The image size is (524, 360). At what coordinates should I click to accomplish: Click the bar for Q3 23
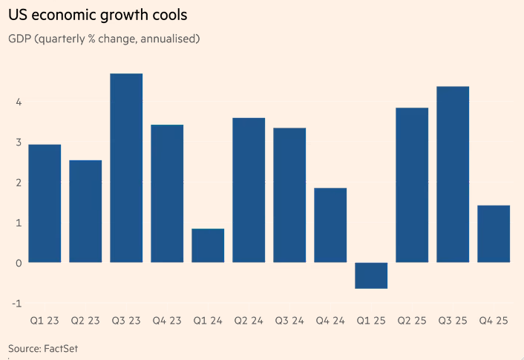[126, 168]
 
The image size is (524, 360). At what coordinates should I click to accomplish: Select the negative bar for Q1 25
[371, 275]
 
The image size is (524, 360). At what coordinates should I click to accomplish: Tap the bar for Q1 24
[208, 246]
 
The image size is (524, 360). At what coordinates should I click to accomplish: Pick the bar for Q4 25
[494, 234]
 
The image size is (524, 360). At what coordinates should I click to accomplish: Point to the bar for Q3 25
[453, 174]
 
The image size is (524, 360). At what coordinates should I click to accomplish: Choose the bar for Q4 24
[330, 225]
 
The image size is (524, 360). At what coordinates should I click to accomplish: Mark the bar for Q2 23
[85, 211]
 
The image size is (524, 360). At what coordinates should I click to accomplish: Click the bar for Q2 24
[249, 190]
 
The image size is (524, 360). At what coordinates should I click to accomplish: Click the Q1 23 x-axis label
[45, 321]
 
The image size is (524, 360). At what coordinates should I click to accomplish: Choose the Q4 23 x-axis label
[167, 321]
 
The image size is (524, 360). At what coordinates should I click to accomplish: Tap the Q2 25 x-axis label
[412, 321]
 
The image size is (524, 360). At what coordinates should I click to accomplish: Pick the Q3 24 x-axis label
[289, 321]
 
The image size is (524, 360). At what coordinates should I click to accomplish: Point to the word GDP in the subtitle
[20, 38]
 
